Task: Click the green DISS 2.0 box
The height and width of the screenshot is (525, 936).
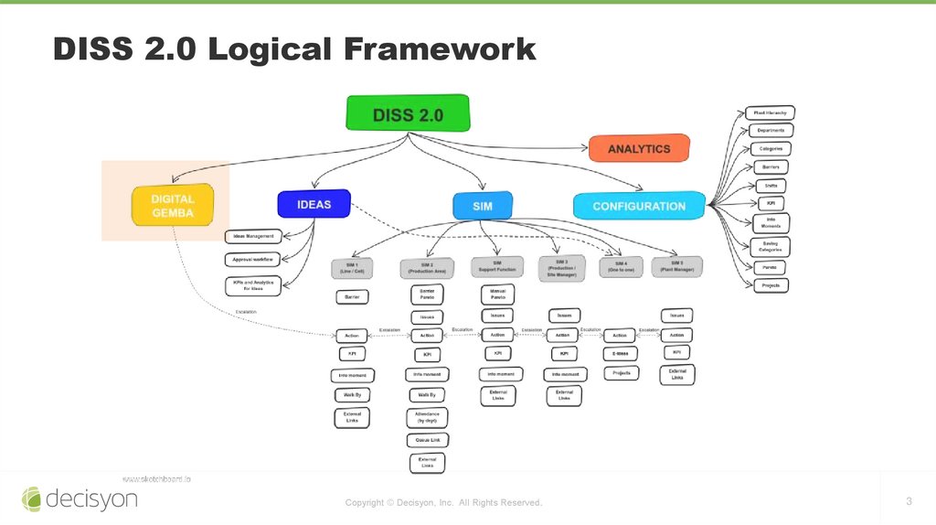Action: click(408, 113)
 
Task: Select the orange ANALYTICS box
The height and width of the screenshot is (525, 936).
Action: click(638, 148)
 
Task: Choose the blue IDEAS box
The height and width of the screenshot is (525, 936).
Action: click(314, 204)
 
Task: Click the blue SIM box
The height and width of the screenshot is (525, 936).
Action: click(483, 206)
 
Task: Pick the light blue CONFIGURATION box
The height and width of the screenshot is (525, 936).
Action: click(639, 206)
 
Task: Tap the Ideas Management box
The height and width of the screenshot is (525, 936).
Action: click(250, 236)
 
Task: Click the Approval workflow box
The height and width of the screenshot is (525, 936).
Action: click(250, 259)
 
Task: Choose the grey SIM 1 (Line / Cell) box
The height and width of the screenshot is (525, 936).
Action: click(351, 268)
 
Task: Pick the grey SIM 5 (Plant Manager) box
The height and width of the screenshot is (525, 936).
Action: click(676, 266)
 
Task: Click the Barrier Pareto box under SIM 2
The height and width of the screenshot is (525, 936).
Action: click(427, 294)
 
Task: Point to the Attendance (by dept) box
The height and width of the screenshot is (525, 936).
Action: click(427, 417)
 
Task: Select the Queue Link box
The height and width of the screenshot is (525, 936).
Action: click(427, 439)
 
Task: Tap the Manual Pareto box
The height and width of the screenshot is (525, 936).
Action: click(497, 293)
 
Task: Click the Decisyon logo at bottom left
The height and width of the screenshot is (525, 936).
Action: click(80, 498)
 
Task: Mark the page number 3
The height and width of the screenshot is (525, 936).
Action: click(909, 500)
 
